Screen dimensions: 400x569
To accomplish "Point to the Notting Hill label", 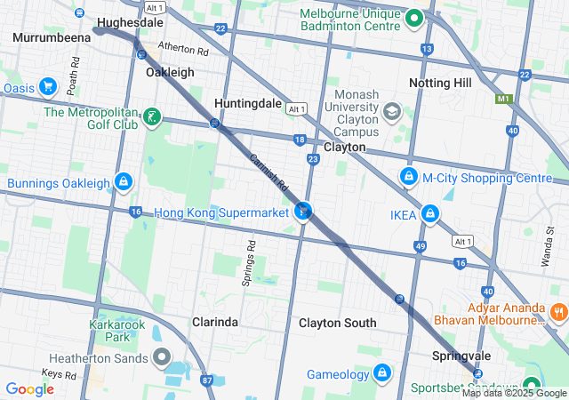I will pos(441,83).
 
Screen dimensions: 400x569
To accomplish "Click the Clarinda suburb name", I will pos(215,322).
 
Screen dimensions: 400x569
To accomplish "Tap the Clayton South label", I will pos(337,323).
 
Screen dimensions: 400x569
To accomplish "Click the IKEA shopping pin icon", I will pos(430,213).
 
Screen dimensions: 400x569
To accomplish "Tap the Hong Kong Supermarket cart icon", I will pos(304,212).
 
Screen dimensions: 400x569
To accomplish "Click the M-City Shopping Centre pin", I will pos(408,177).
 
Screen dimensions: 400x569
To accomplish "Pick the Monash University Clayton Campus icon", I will pos(391,112).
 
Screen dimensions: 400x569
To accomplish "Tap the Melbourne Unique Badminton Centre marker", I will pos(413,17).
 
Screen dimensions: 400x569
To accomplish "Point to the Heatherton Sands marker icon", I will pos(162,358).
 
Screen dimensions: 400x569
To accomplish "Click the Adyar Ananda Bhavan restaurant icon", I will pos(559,312).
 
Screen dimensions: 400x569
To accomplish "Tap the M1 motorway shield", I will pos(507,99).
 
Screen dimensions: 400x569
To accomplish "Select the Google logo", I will pos(30,389).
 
